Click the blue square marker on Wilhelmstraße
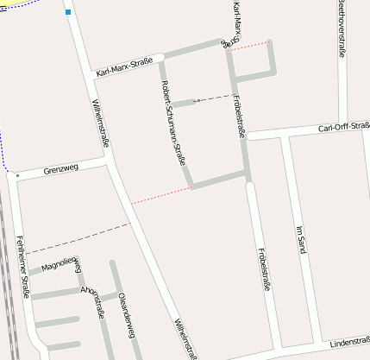click(x=67, y=12)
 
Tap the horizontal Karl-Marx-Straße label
click(x=125, y=66)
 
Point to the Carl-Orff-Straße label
click(x=342, y=128)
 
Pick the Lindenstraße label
click(x=349, y=342)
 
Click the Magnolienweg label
click(x=60, y=263)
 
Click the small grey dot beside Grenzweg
click(x=16, y=175)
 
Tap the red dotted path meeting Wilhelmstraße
click(x=160, y=194)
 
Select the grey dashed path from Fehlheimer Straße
click(x=78, y=238)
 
